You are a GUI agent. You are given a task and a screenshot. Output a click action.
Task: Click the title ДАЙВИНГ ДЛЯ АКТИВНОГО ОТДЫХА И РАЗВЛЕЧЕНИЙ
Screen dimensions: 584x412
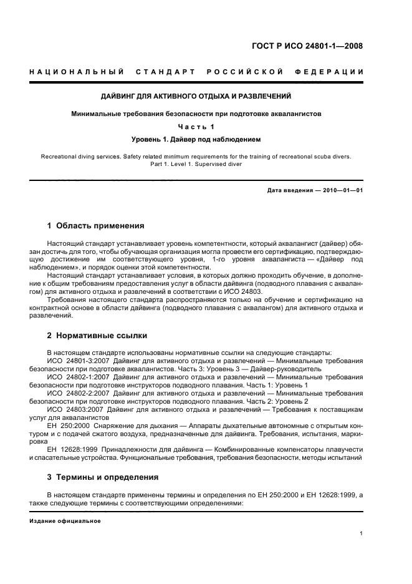point(196,97)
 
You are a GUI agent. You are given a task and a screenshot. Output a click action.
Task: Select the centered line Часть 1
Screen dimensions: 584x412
point(196,127)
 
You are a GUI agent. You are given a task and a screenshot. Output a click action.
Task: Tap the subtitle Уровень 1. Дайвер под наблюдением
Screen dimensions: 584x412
point(196,139)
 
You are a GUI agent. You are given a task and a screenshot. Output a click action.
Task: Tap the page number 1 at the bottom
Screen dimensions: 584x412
point(362,533)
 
